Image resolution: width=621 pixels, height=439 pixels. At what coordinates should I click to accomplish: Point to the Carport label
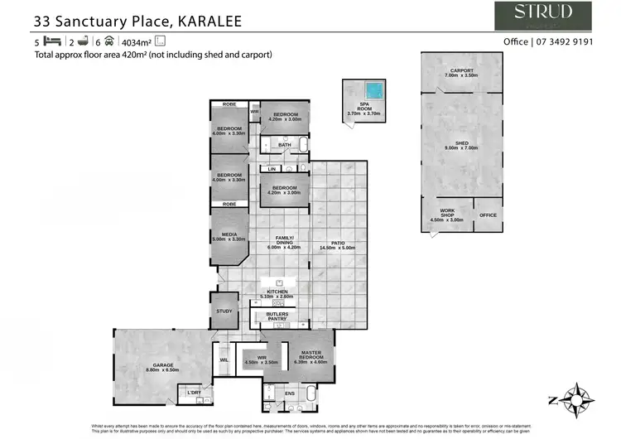462,70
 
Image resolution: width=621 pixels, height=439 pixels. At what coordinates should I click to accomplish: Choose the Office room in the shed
488,215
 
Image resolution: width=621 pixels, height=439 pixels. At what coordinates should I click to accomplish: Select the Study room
224,311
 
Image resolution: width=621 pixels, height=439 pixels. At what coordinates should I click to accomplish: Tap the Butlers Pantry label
277,317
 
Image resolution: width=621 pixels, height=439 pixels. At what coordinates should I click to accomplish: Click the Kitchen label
277,292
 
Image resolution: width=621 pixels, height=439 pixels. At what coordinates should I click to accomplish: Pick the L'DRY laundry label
194,392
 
